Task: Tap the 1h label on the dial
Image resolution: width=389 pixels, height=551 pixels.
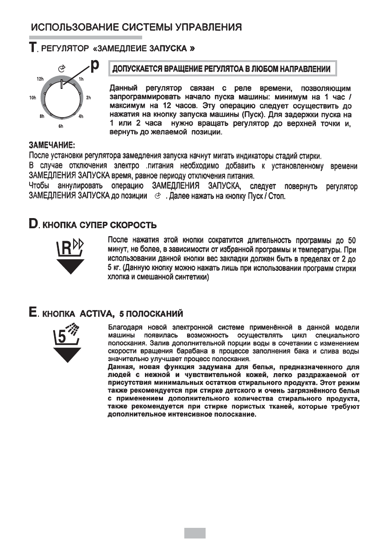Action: (x=82, y=79)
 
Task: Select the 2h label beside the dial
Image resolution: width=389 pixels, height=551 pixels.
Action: (x=89, y=98)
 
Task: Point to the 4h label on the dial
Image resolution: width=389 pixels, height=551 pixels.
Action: (x=81, y=117)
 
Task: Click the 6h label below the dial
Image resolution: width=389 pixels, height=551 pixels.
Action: (x=61, y=126)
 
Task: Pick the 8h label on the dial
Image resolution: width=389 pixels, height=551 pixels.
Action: (x=41, y=117)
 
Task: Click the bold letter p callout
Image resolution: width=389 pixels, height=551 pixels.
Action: (x=94, y=66)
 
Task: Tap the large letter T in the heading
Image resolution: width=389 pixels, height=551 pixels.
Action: (x=33, y=49)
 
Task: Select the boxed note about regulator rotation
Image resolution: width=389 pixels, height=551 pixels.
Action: (x=222, y=69)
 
